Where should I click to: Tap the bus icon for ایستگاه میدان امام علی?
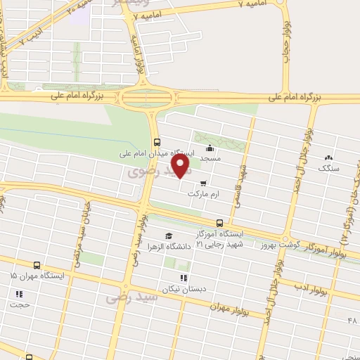[x=156, y=139]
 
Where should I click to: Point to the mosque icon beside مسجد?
[x=210, y=148]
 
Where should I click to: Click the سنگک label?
[x=328, y=169]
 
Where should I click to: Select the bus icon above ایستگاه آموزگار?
[x=220, y=223]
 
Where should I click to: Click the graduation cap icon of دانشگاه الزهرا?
[x=168, y=236]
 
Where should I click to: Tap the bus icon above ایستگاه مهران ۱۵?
[x=37, y=266]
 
